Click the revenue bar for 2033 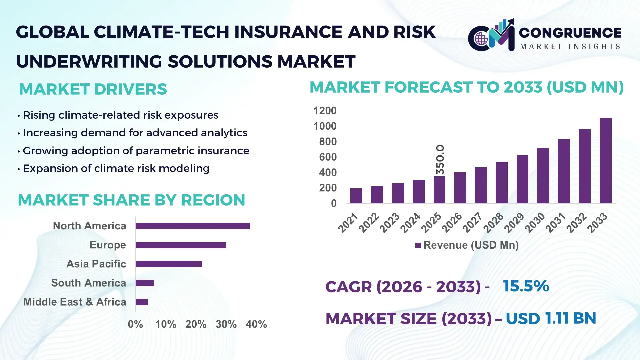[x=605, y=161]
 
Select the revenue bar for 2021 [x=356, y=196]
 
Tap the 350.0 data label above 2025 [x=440, y=159]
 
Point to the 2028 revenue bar [x=501, y=183]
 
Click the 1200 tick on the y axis [x=325, y=111]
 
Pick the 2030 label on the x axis [x=535, y=223]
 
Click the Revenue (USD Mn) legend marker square [x=418, y=246]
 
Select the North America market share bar [x=193, y=226]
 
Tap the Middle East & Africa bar [x=141, y=302]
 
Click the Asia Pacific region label [x=96, y=264]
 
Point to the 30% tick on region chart [x=226, y=324]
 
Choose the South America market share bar [x=144, y=283]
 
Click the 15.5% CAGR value [x=526, y=286]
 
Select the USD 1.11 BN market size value [x=551, y=318]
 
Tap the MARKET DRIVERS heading [x=93, y=89]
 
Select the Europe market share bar [x=181, y=245]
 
